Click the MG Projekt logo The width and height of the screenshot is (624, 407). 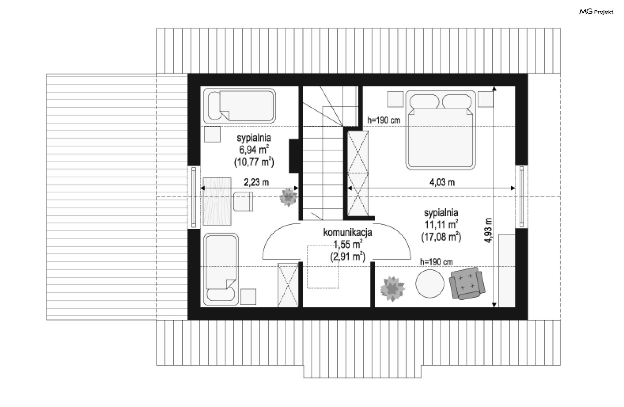pyautogui.click(x=596, y=12)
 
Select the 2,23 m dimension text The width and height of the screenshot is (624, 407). pyautogui.click(x=256, y=182)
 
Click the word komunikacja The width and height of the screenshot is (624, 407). pyautogui.click(x=347, y=233)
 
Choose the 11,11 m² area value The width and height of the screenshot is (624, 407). pyautogui.click(x=441, y=224)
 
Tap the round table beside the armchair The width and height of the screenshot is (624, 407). pyautogui.click(x=430, y=284)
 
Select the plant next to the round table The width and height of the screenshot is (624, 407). pyautogui.click(x=393, y=289)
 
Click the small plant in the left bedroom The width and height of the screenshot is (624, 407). pyautogui.click(x=288, y=197)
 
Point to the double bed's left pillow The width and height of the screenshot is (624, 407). pyautogui.click(x=424, y=101)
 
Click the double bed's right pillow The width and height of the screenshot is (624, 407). pyautogui.click(x=457, y=101)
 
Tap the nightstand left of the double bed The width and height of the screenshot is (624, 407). pyautogui.click(x=396, y=99)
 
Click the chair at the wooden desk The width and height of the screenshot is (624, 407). pyautogui.click(x=243, y=201)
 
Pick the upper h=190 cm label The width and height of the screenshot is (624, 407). pyautogui.click(x=384, y=120)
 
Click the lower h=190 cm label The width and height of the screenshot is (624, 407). pyautogui.click(x=436, y=262)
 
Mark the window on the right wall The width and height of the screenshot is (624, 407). pyautogui.click(x=521, y=196)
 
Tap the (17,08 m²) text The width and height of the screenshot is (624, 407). pyautogui.click(x=441, y=237)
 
